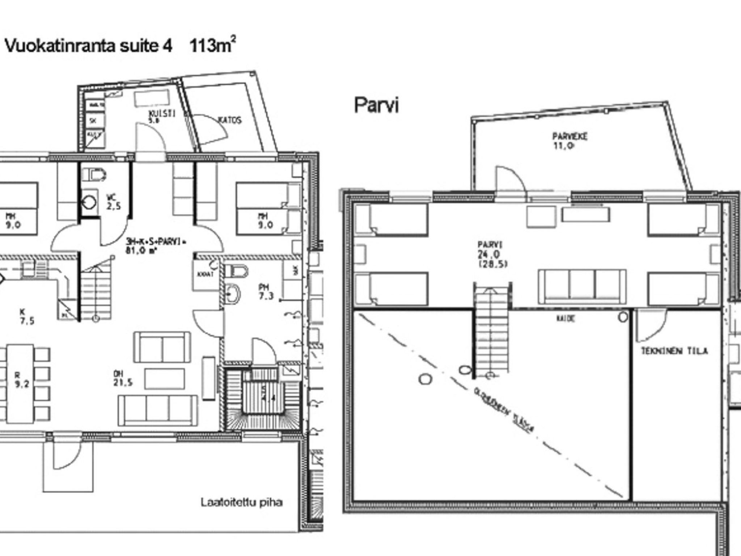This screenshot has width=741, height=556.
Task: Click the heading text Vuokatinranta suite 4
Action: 89,46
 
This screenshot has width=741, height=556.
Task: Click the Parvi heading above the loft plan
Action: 376,105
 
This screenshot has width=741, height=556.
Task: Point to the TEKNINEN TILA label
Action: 674,351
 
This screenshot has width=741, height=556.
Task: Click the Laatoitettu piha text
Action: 241,502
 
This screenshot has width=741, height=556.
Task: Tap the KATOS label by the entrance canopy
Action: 229,120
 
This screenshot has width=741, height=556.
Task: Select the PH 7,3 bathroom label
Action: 266,292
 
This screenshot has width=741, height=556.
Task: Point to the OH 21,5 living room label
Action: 122,378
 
